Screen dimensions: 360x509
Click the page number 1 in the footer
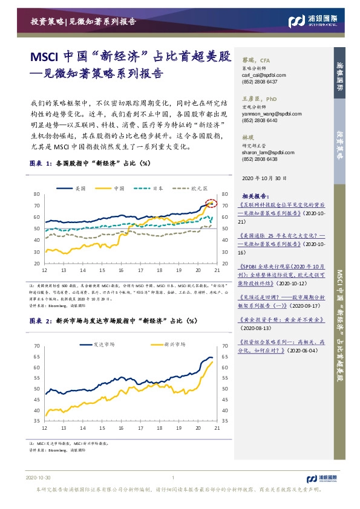173,478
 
